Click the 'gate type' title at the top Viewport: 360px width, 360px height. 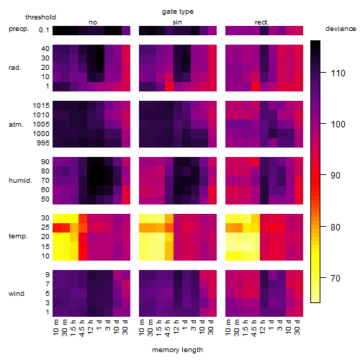pyautogui.click(x=178, y=12)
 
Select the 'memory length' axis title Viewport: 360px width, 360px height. pyautogui.click(x=178, y=350)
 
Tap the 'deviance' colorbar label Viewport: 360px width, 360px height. pyautogui.click(x=341, y=29)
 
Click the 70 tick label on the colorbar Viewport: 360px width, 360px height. pyautogui.click(x=336, y=278)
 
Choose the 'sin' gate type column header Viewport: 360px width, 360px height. pyautogui.click(x=177, y=22)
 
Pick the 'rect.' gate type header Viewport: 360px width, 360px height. pyautogui.click(x=262, y=22)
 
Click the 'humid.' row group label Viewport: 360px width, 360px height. pyautogui.click(x=20, y=181)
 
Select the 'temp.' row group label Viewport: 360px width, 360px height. pyautogui.click(x=18, y=236)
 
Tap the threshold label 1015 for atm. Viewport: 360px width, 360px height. pyautogui.click(x=41, y=105)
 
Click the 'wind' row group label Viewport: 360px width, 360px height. pyautogui.click(x=17, y=294)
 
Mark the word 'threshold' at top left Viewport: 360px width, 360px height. pyautogui.click(x=40, y=17)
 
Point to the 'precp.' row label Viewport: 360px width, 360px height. pyautogui.click(x=19, y=29)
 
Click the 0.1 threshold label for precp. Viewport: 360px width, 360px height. pyautogui.click(x=44, y=30)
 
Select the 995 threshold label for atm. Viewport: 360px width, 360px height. pyautogui.click(x=43, y=143)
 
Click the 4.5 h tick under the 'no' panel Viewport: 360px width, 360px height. pyautogui.click(x=81, y=328)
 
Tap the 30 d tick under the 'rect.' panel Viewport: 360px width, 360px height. pyautogui.click(x=297, y=327)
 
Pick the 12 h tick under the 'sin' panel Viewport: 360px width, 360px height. pyautogui.click(x=176, y=327)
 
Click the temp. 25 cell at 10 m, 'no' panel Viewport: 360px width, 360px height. pyautogui.click(x=57, y=228)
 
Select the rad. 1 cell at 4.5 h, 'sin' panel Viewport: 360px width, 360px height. pyautogui.click(x=169, y=86)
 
